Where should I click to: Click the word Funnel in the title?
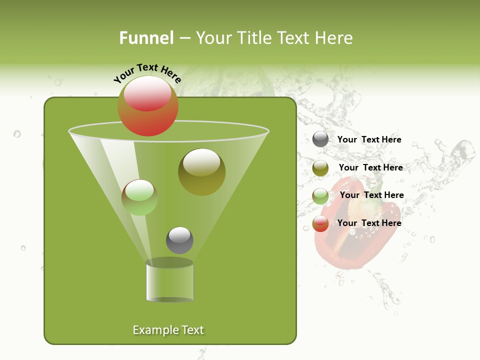[146, 38]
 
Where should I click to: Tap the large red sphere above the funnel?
[147, 105]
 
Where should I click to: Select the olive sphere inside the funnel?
[201, 171]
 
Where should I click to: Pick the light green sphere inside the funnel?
[139, 197]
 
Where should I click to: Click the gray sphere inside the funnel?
[179, 240]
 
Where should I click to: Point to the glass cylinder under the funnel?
[169, 282]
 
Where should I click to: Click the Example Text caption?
[168, 330]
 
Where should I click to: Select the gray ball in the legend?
[320, 139]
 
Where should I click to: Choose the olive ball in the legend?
[320, 167]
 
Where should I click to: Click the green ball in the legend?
[320, 195]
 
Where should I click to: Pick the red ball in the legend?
[320, 223]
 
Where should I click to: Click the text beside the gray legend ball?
[369, 139]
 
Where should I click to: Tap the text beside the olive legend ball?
[370, 167]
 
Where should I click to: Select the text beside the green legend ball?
[371, 195]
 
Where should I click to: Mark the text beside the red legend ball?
[369, 223]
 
